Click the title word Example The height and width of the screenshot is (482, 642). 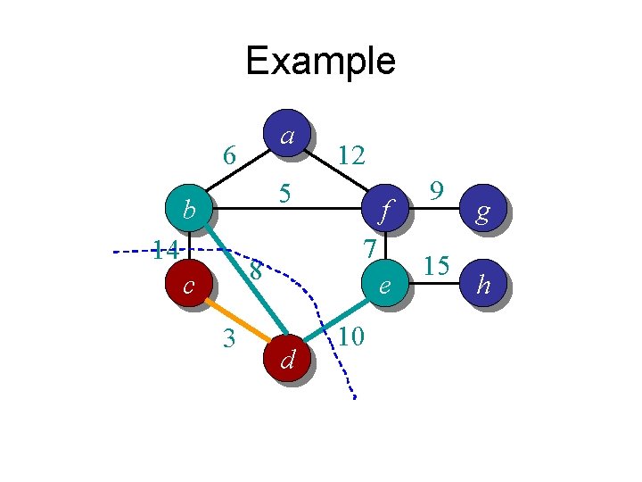[320, 61]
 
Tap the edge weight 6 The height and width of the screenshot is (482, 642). [229, 155]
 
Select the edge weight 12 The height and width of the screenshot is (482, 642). [351, 156]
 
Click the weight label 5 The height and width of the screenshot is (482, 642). [284, 192]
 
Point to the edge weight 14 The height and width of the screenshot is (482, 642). [166, 249]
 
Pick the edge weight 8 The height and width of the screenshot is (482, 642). [255, 270]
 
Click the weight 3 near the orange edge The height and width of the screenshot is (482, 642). [228, 339]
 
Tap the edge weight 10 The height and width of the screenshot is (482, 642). [351, 337]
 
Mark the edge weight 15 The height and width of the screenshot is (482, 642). [436, 265]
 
